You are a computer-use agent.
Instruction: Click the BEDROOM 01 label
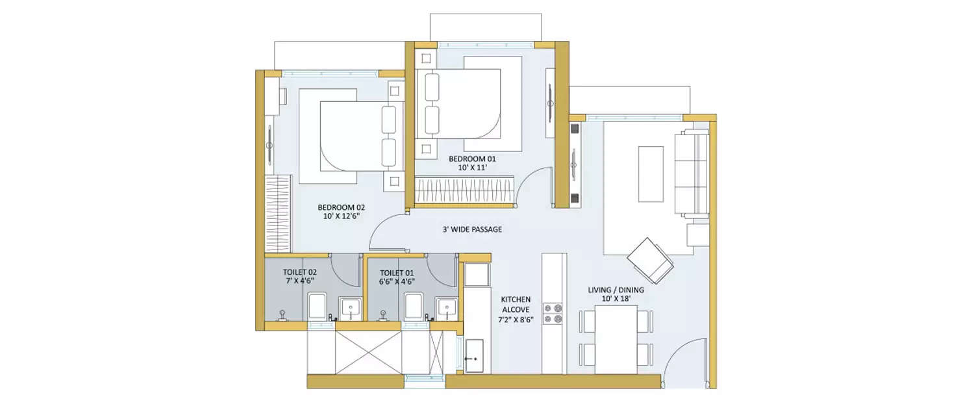[468, 158]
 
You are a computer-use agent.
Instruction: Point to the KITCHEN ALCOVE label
[516, 305]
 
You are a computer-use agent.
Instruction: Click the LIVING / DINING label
[616, 290]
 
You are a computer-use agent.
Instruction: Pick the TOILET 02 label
[299, 272]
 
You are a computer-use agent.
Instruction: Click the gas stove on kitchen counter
[553, 313]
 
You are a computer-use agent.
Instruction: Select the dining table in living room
[616, 339]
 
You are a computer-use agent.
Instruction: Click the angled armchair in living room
[651, 259]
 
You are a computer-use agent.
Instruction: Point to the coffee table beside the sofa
[651, 174]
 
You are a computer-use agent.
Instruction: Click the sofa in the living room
[692, 172]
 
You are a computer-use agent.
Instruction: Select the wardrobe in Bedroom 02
[279, 213]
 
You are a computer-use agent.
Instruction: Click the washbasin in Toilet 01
[446, 307]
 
